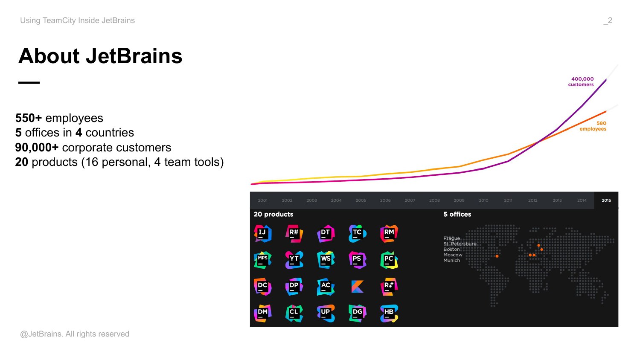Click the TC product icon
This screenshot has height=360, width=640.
point(358,233)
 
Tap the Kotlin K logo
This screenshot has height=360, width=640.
point(358,287)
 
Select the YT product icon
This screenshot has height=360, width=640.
point(294,260)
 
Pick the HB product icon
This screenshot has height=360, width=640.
point(389,313)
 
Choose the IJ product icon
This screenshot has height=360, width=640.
point(262,233)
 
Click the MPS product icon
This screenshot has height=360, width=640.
point(262,260)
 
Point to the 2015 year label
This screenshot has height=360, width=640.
point(606,200)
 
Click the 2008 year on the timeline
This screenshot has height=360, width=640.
point(434,200)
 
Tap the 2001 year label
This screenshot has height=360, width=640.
point(262,200)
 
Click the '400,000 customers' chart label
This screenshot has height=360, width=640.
point(581,82)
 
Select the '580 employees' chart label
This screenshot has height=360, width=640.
point(593,126)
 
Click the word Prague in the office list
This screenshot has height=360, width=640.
point(451,238)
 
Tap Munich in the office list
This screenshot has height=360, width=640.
point(451,260)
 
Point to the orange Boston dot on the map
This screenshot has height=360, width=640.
point(497,256)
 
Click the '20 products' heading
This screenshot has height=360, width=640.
point(273,214)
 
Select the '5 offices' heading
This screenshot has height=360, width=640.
point(457,214)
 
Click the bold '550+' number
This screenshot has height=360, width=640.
point(29,118)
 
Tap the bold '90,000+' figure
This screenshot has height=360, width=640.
point(37,148)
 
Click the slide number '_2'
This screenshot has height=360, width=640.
point(608,20)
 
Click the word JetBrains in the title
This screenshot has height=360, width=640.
point(134,56)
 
